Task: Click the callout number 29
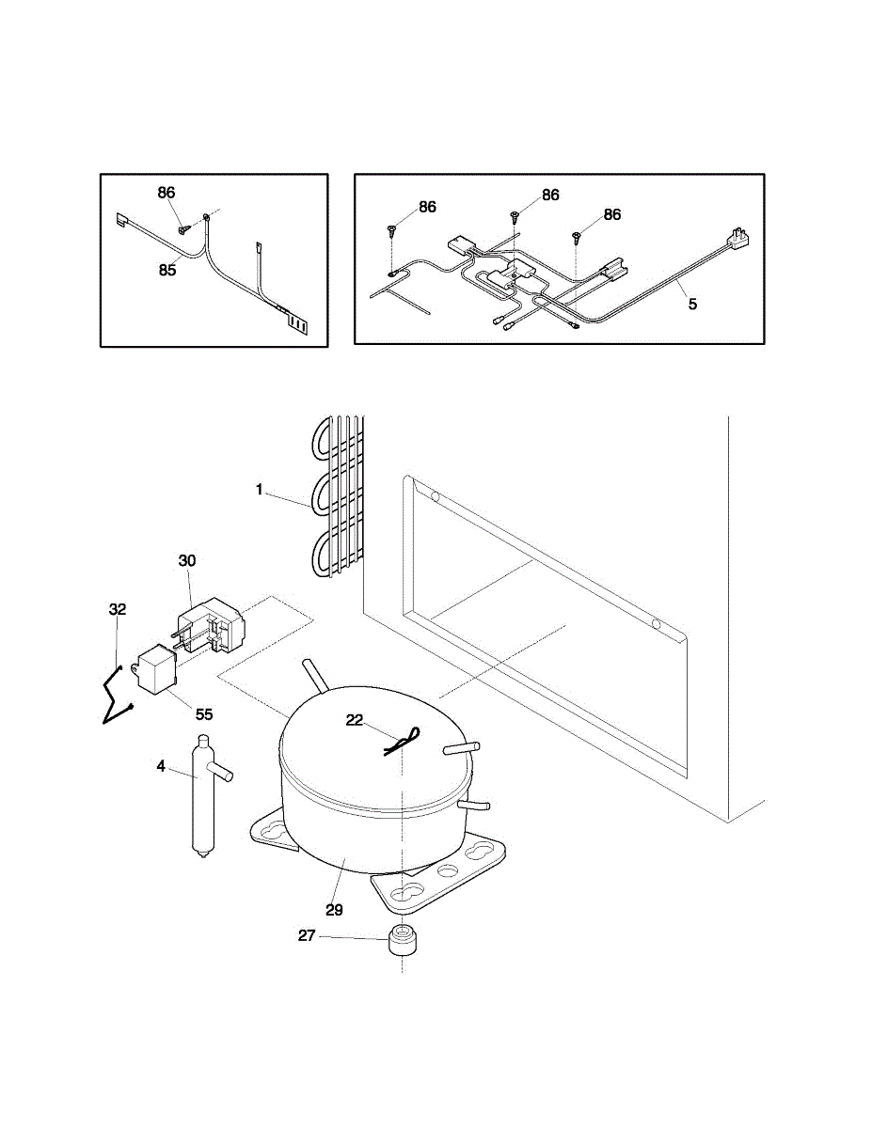[x=334, y=909]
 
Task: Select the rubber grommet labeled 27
[x=402, y=943]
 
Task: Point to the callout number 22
[x=355, y=719]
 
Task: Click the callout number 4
[x=161, y=767]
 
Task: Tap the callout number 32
[x=118, y=609]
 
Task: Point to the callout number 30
[x=187, y=560]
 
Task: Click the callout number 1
[x=261, y=490]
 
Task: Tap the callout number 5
[x=693, y=304]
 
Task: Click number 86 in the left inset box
[x=166, y=192]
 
